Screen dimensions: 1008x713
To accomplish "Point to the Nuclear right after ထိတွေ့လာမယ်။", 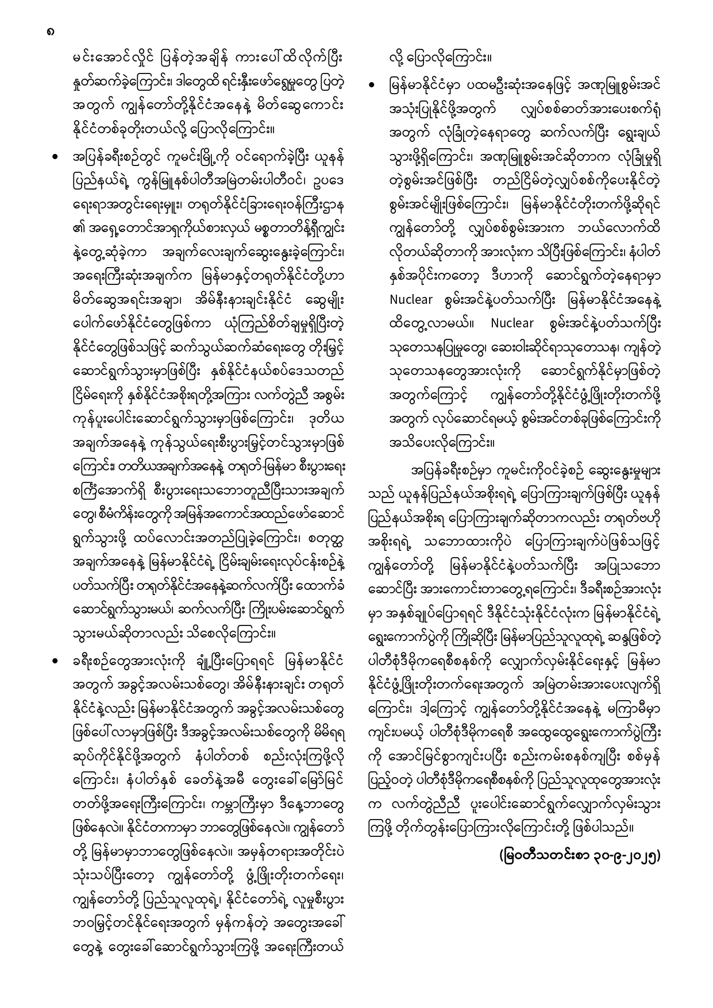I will (512, 323).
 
